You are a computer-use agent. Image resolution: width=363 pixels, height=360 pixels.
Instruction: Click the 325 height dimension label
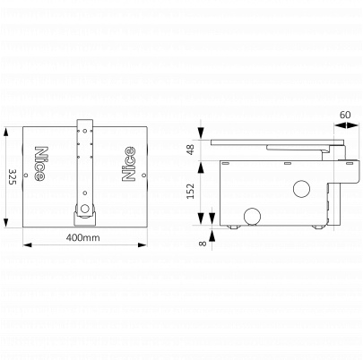(13, 177)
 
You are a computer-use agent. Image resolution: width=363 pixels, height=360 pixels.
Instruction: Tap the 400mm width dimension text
(83, 238)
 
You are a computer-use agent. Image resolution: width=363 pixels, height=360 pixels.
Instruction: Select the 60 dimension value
(345, 115)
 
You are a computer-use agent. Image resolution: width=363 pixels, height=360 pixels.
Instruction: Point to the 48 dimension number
(190, 150)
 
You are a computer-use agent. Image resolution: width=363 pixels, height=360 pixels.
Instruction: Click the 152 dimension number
(190, 191)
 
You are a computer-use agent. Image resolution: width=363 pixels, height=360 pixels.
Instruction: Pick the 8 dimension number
(203, 244)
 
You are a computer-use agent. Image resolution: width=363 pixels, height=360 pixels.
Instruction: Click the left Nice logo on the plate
(40, 164)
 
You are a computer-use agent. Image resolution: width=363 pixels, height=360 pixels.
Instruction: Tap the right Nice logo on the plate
(129, 164)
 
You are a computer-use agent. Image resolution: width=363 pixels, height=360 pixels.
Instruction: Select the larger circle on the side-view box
(301, 189)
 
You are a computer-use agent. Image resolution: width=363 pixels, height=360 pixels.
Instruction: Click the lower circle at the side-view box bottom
(252, 217)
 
